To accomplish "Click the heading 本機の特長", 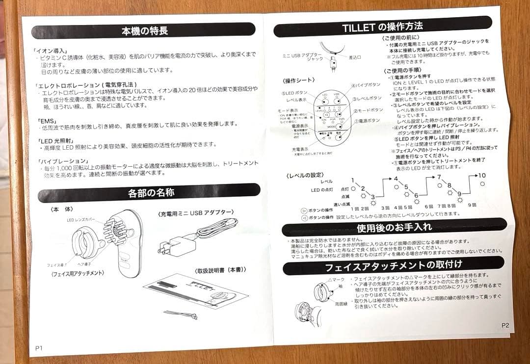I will tap(145, 31).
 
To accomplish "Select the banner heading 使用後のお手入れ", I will tap(394, 228).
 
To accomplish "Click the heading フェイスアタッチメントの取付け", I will tap(394, 267).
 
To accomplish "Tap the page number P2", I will tap(505, 325).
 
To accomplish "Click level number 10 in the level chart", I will tap(482, 176).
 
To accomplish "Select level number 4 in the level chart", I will tap(396, 179).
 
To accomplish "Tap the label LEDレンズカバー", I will tap(83, 220).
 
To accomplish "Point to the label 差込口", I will tap(354, 57).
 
